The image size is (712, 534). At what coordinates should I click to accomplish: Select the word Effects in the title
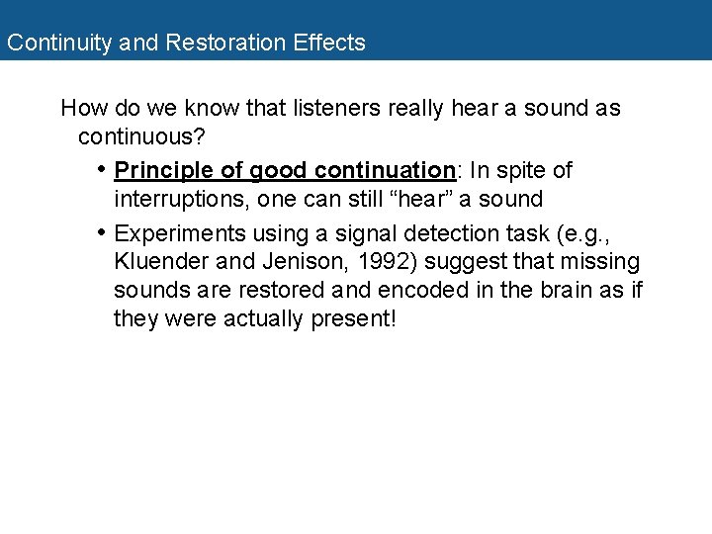[x=329, y=44]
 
